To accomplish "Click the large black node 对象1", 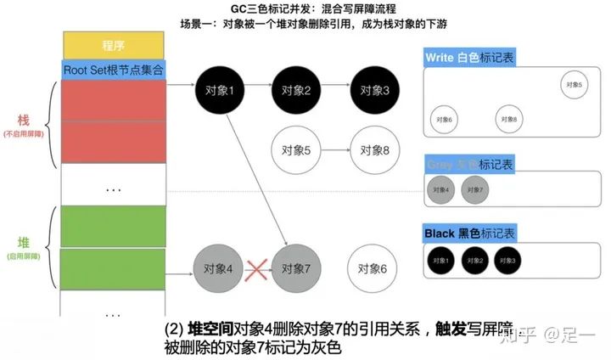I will [219, 89].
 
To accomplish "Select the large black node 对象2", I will [295, 89].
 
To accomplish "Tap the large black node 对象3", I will [373, 89].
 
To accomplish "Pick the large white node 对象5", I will [295, 150].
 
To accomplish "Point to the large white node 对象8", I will [373, 150].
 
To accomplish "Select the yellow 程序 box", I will [112, 44].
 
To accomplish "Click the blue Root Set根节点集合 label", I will [114, 70].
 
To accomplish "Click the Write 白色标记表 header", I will [469, 59].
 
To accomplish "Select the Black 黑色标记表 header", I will [469, 233].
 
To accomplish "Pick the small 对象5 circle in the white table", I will [574, 83].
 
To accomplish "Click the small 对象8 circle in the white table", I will [508, 119].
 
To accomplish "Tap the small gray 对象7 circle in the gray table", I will [474, 189].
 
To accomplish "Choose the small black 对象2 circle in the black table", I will [474, 259].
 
